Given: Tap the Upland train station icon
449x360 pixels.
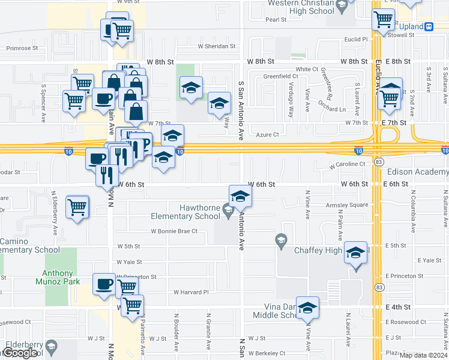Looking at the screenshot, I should [429, 26].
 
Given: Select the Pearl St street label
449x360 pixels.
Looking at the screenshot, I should [276, 20].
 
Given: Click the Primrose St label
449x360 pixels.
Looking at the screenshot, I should [22, 48].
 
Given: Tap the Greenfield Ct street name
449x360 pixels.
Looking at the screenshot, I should [281, 77].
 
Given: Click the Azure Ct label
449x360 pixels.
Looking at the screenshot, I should [268, 135].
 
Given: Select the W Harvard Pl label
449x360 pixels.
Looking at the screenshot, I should [190, 292].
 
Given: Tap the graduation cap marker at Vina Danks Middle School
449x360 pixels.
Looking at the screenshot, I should [307, 307].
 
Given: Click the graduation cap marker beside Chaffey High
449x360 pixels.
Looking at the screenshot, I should [356, 254].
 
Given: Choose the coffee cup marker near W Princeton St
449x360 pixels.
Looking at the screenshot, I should [104, 283].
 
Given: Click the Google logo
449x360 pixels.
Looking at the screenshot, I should [21, 353].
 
